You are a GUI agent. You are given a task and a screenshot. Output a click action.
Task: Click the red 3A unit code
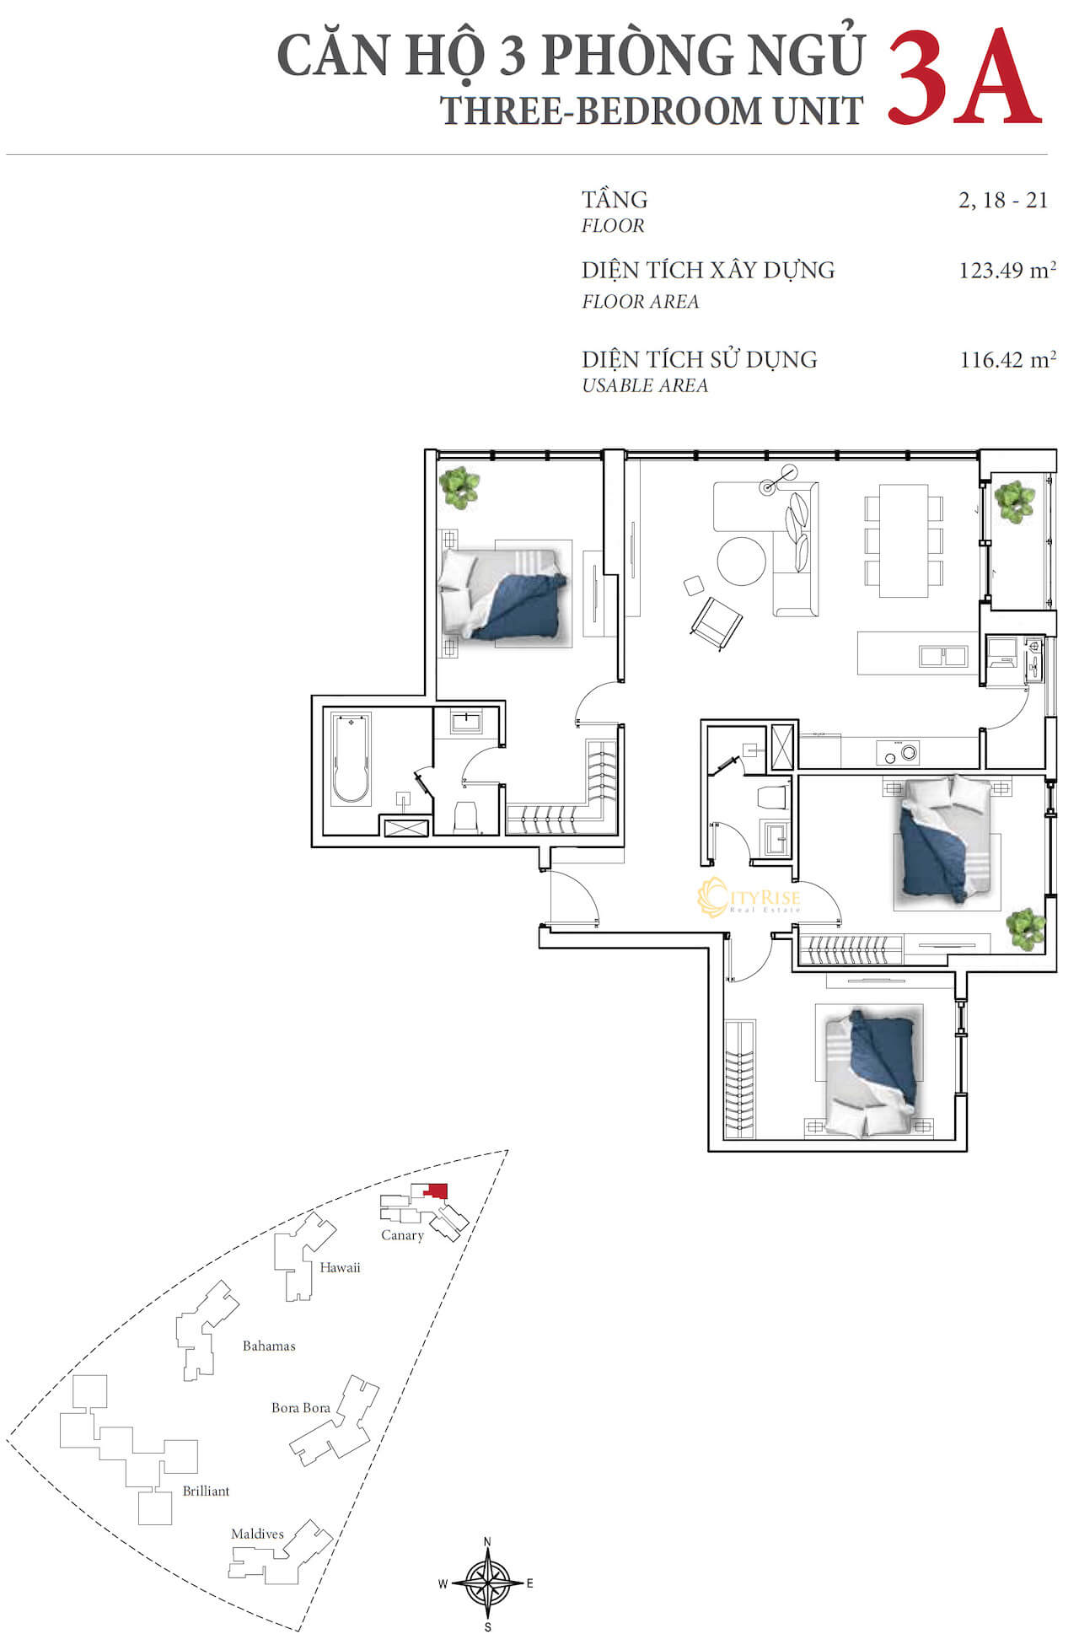click(964, 78)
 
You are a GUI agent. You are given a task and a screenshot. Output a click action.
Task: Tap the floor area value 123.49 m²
click(1007, 270)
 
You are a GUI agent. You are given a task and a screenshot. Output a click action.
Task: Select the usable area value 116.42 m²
click(1007, 359)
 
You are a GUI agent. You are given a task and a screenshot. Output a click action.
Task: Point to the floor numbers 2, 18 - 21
click(1002, 200)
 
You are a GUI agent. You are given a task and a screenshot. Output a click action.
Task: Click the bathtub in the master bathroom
click(352, 759)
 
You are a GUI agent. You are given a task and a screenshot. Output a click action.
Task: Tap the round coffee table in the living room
click(742, 562)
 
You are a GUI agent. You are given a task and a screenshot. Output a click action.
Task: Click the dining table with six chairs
click(904, 540)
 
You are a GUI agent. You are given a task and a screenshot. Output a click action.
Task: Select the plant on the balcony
click(1014, 502)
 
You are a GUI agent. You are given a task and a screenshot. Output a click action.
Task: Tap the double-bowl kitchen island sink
click(943, 655)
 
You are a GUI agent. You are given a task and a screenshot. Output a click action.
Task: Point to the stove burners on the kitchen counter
click(897, 752)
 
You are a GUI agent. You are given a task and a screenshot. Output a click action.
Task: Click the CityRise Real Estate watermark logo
click(749, 897)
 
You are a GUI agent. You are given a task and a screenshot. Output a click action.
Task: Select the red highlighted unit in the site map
click(437, 1190)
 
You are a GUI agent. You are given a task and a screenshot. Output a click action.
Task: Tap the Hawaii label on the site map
click(340, 1267)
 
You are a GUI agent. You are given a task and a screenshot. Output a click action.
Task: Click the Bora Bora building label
click(301, 1407)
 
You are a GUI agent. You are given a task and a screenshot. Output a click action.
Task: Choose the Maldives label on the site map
click(257, 1534)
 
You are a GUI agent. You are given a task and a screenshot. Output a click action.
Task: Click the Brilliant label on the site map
click(206, 1491)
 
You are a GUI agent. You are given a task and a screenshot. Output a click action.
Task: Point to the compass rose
click(487, 1584)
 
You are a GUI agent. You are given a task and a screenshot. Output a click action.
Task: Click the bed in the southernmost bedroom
click(869, 1071)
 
